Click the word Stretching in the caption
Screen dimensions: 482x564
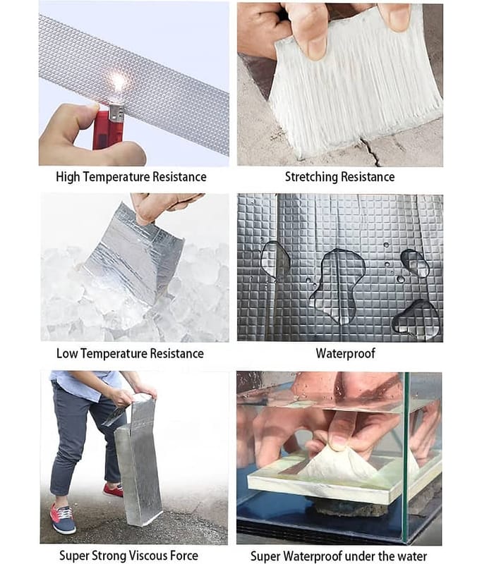point(311,177)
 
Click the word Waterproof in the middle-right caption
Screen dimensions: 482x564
point(346,353)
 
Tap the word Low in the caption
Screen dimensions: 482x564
point(67,353)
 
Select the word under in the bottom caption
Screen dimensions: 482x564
point(368,556)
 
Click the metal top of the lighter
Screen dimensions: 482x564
point(116,112)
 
